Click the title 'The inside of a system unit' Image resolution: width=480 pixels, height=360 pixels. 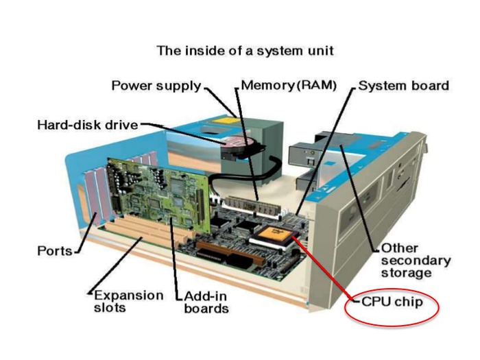tap(245, 51)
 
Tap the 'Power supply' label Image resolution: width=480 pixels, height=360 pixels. tap(156, 86)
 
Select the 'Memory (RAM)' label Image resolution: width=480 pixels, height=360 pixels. tap(289, 86)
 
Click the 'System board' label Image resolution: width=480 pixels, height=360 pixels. tap(403, 86)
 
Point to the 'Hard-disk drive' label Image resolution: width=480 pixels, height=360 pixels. tap(87, 125)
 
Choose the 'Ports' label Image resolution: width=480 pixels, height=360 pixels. tap(54, 251)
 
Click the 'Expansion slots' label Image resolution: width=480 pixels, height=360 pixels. tap(128, 301)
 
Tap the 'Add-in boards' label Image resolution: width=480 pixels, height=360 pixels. tap(206, 302)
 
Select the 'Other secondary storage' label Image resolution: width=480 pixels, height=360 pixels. tap(416, 260)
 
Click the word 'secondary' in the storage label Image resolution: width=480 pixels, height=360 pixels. tap(416, 261)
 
